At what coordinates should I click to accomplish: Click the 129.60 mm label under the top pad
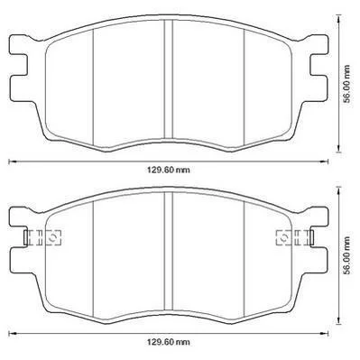169,170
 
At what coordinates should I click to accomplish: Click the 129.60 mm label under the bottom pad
169,342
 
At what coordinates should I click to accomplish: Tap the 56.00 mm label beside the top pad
347,84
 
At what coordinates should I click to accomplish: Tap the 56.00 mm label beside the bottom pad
347,255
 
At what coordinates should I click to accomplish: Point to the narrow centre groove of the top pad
169,78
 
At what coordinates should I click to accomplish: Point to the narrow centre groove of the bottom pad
169,251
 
